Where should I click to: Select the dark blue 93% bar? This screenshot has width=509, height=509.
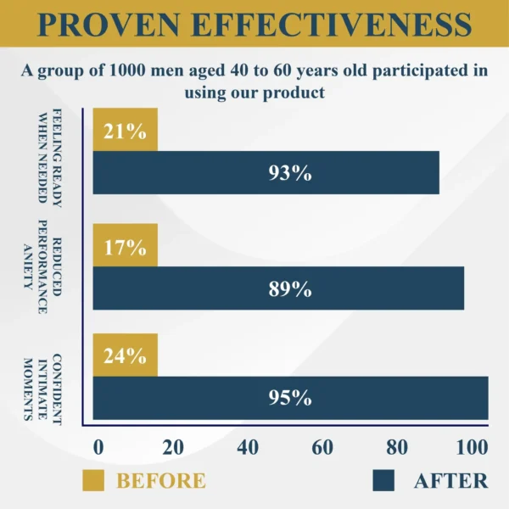tap(266, 173)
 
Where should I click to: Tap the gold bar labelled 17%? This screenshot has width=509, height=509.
tap(125, 247)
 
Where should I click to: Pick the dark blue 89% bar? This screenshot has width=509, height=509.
tap(278, 288)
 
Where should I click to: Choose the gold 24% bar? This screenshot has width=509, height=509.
tap(125, 356)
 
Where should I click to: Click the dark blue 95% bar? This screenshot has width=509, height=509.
tap(290, 398)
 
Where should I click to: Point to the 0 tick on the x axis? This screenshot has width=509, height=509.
tap(98, 447)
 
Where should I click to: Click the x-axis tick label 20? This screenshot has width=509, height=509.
tap(173, 447)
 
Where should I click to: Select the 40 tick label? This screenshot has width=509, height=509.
tap(248, 447)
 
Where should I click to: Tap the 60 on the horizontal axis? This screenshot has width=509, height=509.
tap(323, 447)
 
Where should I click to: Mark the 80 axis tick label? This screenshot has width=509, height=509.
tap(398, 447)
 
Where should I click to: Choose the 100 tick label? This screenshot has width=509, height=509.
tap(471, 447)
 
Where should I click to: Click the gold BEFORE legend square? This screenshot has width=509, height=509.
tap(93, 480)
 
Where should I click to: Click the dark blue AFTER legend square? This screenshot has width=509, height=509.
tap(384, 480)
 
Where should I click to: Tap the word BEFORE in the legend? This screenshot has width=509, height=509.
tap(161, 480)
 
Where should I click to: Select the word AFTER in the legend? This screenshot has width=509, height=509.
tap(450, 480)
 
